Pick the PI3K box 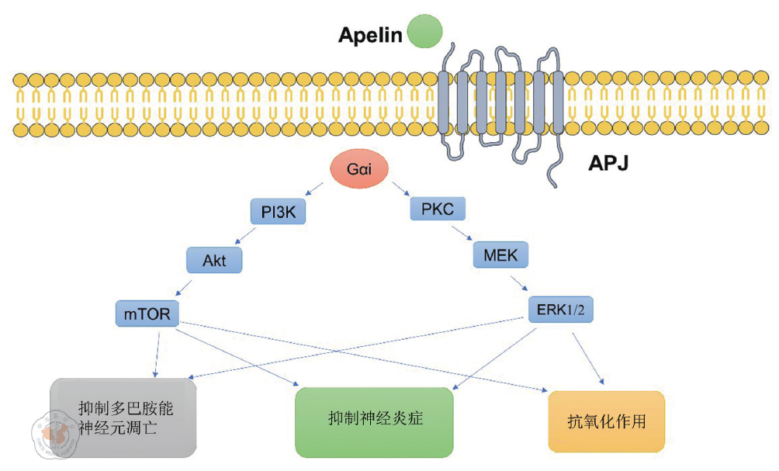pos(277,211)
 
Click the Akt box pos(214,261)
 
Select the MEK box pos(499,255)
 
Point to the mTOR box pos(147,313)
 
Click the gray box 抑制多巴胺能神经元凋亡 pos(124,417)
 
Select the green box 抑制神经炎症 pos(374,421)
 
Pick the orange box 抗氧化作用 pos(607,421)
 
